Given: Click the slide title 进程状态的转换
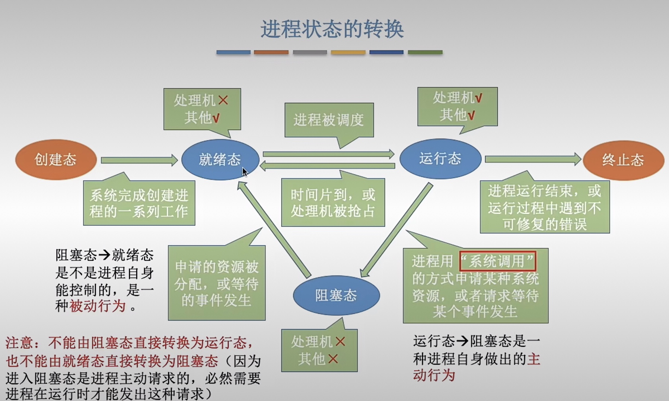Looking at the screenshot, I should pos(332,29).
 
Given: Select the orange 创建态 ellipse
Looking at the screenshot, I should pos(56,160).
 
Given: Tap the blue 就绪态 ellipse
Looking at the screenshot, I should pos(220,160).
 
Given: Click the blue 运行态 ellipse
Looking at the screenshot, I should pos(440,159).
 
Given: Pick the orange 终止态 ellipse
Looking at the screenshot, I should pos(623,160).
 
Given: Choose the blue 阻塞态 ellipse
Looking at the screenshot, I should pos(336,295).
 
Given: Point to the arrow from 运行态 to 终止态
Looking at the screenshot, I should pos(532,160).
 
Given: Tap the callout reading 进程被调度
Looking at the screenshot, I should pos(329,120).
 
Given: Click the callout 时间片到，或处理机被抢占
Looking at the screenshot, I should pos(333,203).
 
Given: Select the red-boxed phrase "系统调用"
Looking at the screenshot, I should pos(497,261).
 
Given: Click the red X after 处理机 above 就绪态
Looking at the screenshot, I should pos(223,100).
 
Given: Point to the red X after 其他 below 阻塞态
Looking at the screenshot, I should pos(333,359).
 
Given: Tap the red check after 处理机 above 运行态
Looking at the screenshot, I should pos(478,98).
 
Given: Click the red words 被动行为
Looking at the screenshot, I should pos(98,306).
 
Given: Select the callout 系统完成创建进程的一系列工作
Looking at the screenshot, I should pos(139,203).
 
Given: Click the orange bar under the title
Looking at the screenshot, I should pos(271,52).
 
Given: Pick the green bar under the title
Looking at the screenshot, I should pos(425,52).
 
